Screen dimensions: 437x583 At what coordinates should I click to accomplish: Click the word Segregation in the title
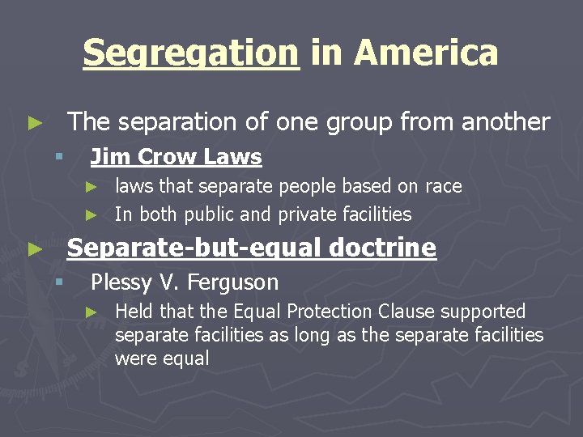pyautogui.click(x=191, y=53)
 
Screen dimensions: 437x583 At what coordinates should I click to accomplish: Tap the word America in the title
pyautogui.click(x=426, y=53)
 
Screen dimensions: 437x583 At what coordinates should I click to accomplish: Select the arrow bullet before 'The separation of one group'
pyautogui.click(x=33, y=123)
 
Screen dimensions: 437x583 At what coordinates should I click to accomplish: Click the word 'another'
pyautogui.click(x=505, y=121)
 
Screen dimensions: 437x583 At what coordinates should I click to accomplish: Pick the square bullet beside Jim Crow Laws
pyautogui.click(x=58, y=156)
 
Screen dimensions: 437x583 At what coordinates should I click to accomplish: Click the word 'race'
pyautogui.click(x=443, y=187)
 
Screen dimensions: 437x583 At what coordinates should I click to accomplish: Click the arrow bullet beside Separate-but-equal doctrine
pyautogui.click(x=33, y=249)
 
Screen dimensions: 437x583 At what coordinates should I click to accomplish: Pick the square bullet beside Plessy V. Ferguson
pyautogui.click(x=58, y=282)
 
